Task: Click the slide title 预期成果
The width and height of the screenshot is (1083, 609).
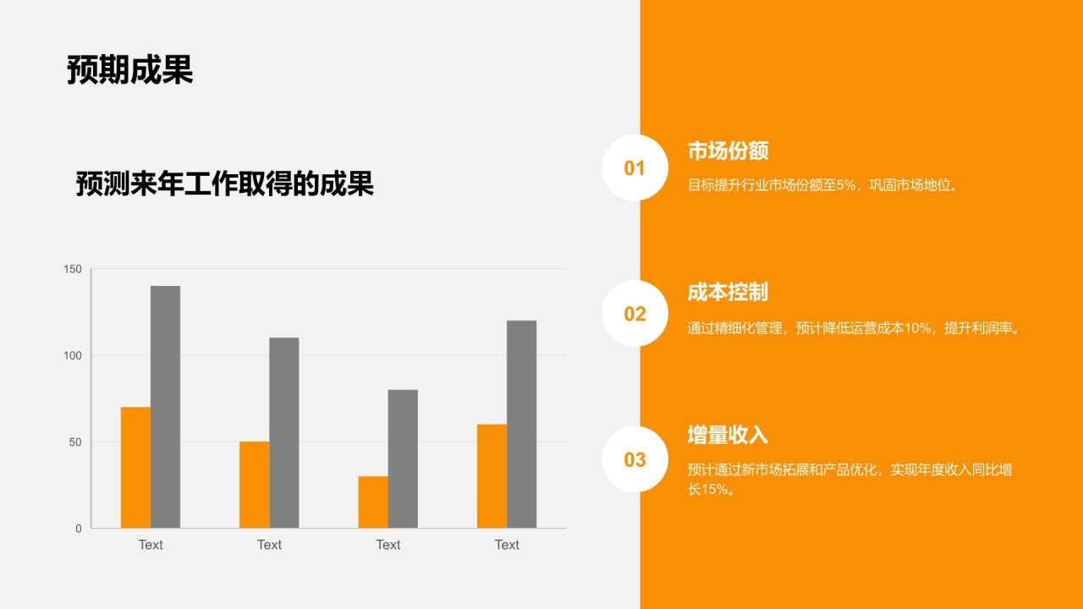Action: tap(129, 70)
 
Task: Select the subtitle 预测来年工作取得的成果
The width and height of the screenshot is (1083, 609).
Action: tap(224, 184)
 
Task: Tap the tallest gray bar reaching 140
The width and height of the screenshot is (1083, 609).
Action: tap(165, 407)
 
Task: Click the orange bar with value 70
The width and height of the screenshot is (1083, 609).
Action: tap(135, 468)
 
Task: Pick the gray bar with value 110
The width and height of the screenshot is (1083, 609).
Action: tap(284, 433)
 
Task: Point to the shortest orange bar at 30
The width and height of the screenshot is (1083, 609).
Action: tap(373, 502)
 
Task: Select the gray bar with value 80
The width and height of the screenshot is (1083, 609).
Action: tap(403, 459)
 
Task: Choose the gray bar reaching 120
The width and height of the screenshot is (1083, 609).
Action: tap(521, 425)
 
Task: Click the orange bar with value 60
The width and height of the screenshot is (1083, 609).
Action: tap(492, 476)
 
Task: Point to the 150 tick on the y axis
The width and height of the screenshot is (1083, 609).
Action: tap(73, 269)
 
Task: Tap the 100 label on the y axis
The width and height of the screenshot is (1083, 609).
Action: tap(73, 355)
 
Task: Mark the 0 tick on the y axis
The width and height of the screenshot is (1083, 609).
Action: tap(79, 529)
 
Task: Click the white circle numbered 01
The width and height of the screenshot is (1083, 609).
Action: tap(635, 167)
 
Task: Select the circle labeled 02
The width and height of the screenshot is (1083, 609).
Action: tap(635, 314)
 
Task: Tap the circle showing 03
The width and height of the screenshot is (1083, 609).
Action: tap(635, 459)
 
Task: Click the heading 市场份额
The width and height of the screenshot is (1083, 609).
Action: tap(728, 151)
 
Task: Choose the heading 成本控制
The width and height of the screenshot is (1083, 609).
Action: tap(728, 293)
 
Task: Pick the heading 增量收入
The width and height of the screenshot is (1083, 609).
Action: tap(728, 435)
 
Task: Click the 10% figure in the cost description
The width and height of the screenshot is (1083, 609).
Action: tap(918, 328)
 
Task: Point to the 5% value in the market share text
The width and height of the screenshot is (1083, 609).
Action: tap(846, 185)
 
